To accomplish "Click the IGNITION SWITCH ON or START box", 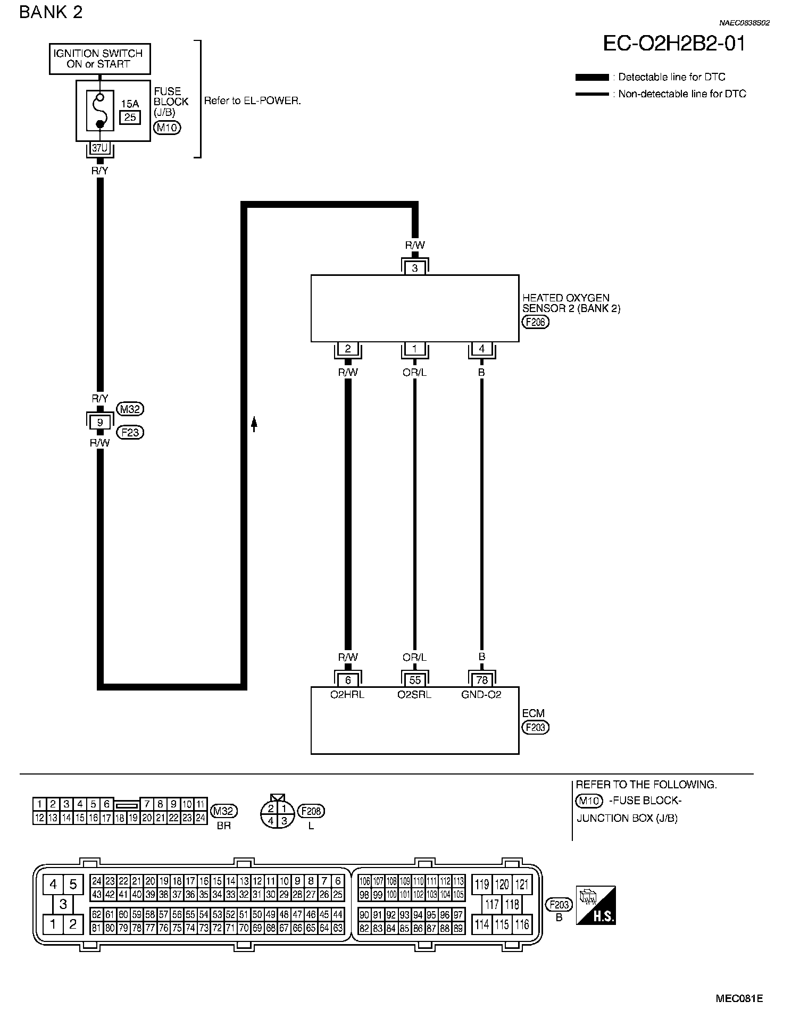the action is [x=99, y=58].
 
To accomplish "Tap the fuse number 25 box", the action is [x=130, y=117].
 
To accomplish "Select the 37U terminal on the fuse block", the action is [x=99, y=148].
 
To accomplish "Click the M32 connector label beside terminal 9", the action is [x=130, y=409].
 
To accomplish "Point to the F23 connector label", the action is [x=130, y=432].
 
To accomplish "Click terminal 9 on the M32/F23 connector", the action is [x=99, y=422].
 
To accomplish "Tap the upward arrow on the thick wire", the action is [x=254, y=424].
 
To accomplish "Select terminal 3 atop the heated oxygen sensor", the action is [x=415, y=268].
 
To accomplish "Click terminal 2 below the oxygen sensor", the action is [x=348, y=349].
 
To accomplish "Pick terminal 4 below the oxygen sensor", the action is [x=481, y=349].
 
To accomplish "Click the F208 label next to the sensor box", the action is [x=536, y=322].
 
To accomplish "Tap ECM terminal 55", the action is [x=415, y=679].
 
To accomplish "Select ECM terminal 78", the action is [x=481, y=679].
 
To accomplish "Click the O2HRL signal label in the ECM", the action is [x=347, y=694].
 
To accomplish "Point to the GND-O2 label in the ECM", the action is [x=481, y=694].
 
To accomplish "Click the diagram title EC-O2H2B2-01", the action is [x=674, y=44].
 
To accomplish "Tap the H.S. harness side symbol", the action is [x=596, y=905].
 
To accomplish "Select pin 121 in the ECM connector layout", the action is [x=522, y=885].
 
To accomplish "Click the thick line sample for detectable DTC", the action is [x=592, y=78].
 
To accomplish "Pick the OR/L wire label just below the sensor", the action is [x=415, y=372].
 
